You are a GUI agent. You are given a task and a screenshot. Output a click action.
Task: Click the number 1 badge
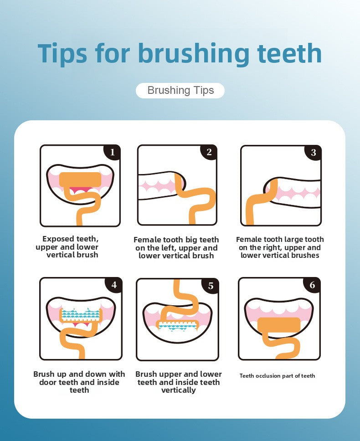pyautogui.click(x=112, y=152)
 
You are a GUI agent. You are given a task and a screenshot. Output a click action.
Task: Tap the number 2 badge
pyautogui.click(x=209, y=152)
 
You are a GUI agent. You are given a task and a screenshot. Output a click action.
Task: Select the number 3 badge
pyautogui.click(x=314, y=153)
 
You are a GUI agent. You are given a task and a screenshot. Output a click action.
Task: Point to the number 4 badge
pyautogui.click(x=113, y=285)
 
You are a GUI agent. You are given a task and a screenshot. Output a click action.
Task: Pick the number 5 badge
pyautogui.click(x=211, y=286)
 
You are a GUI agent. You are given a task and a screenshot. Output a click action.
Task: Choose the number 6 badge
pyautogui.click(x=312, y=285)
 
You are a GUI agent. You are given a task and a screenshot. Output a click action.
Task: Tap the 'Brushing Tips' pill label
pyautogui.click(x=180, y=91)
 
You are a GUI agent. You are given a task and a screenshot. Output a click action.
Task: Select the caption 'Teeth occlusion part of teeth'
pyautogui.click(x=278, y=376)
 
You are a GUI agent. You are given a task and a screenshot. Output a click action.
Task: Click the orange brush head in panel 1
pyautogui.click(x=80, y=179)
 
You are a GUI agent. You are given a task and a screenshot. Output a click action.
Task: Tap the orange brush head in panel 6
pyautogui.click(x=279, y=324)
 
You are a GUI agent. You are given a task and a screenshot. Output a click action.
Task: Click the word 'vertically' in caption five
pyautogui.click(x=179, y=390)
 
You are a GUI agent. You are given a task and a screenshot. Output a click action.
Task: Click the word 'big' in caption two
pyautogui.click(x=191, y=240)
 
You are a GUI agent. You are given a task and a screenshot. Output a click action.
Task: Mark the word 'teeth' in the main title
pyautogui.click(x=289, y=53)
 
